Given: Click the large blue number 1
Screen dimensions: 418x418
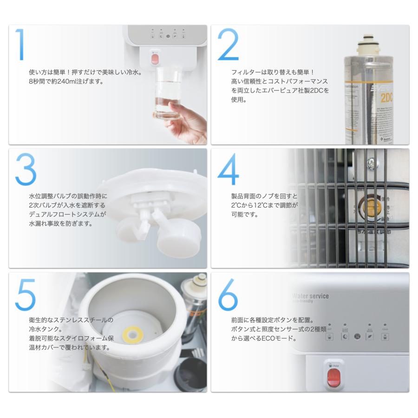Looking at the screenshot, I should pos(20,45).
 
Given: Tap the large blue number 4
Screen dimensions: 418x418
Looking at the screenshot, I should pos(228,170).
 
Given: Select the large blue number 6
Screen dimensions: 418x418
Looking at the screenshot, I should pos(228,296).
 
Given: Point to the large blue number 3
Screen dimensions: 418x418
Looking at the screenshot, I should pos(26,170).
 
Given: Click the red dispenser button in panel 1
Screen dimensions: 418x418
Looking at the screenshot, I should pos(155,59).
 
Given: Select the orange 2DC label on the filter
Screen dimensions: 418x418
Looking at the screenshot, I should pos(387,98).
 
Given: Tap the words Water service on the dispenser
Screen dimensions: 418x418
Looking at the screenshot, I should pos(310,296).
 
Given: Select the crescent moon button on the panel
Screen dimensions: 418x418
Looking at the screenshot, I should pos(345,336).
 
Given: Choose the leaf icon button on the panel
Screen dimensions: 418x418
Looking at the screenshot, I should pos(370,336).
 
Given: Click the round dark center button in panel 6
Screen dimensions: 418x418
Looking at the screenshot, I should pos(357,336).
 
